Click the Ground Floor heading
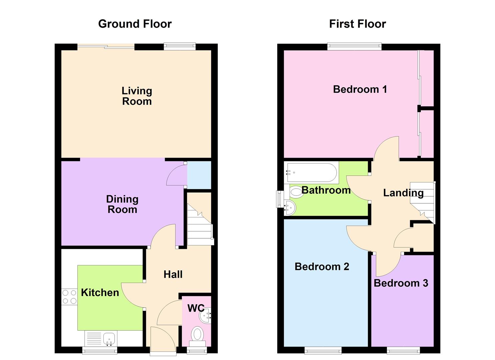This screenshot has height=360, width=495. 135,24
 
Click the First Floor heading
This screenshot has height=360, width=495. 357,24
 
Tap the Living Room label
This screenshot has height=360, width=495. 137,96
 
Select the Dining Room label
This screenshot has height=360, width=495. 122,204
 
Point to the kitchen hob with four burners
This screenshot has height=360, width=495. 69,297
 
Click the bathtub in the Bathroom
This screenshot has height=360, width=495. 311,172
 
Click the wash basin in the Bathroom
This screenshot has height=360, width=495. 289,208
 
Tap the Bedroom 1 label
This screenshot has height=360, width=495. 360,89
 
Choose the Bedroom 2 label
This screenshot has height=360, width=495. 322,267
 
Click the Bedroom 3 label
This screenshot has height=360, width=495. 401,283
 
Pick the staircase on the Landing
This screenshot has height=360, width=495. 423,202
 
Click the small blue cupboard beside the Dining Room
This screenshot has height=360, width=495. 199,175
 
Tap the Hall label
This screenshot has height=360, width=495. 173,274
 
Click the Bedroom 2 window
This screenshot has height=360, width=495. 323,350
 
